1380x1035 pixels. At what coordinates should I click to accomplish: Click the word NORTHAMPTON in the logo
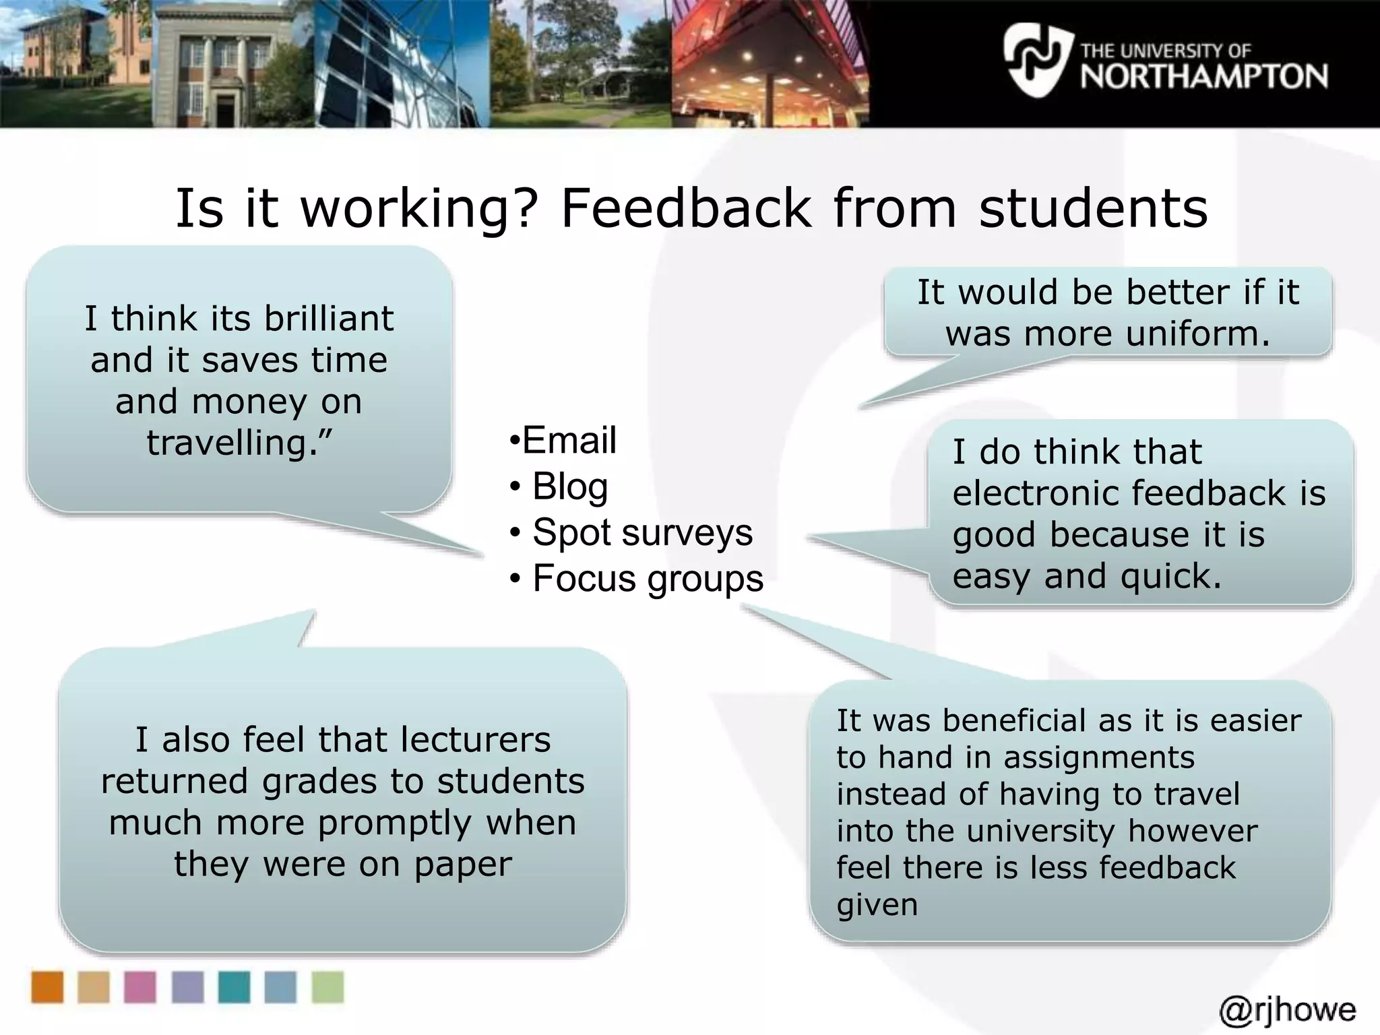[1204, 76]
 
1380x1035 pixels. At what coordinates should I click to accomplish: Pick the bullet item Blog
[569, 486]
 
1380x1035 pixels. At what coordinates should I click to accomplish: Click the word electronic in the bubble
[1034, 493]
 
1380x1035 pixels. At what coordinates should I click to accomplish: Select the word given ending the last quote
[877, 904]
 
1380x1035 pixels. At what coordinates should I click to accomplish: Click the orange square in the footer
[47, 987]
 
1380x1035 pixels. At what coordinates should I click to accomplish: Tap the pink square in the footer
[140, 987]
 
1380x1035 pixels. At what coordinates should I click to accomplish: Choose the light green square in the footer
[327, 987]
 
